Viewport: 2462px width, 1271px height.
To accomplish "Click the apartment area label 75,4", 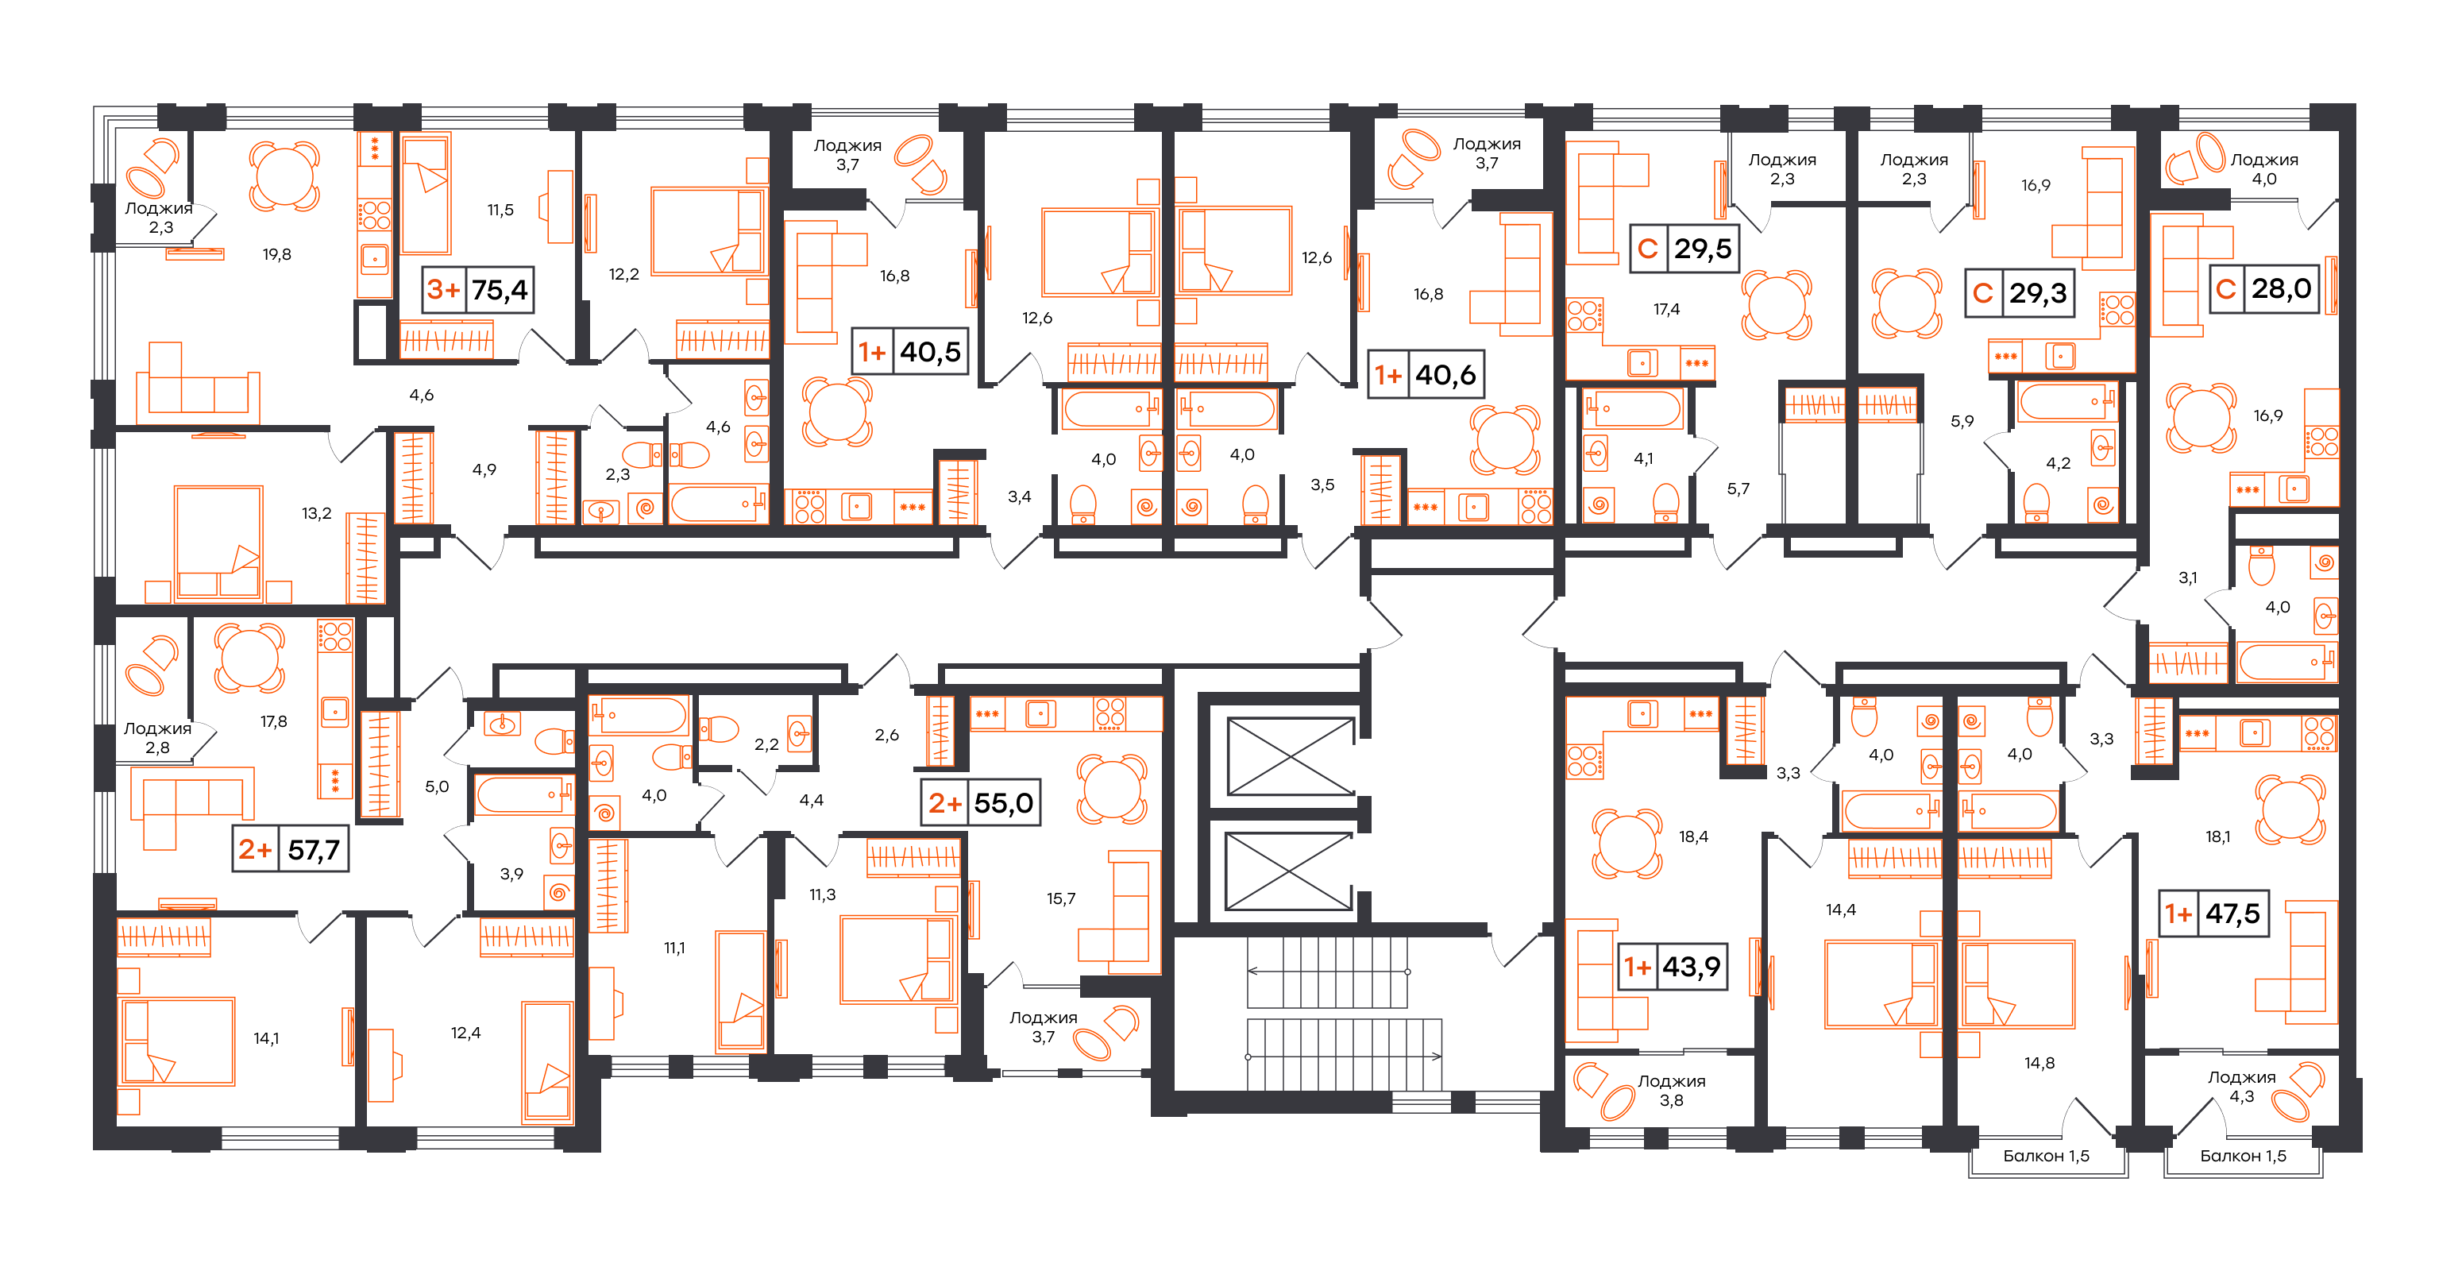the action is [500, 291].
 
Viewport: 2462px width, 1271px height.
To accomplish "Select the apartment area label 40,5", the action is [930, 352].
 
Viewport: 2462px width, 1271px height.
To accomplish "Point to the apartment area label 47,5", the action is [2232, 914].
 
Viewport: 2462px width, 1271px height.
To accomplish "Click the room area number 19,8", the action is [277, 254].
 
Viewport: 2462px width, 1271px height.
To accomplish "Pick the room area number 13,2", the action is [316, 513].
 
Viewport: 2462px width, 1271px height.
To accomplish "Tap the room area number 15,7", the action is [1061, 898].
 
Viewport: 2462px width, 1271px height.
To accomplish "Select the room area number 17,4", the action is [1666, 309].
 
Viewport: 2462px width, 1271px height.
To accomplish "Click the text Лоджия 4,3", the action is [2241, 1087].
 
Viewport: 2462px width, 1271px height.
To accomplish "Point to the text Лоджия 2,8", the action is [158, 738].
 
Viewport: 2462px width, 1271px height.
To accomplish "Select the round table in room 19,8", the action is [284, 175].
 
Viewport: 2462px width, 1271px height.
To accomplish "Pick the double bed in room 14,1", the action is [177, 1041].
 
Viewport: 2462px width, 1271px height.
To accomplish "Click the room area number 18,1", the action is [2218, 837].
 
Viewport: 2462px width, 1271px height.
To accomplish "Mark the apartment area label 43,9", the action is [1691, 967].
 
